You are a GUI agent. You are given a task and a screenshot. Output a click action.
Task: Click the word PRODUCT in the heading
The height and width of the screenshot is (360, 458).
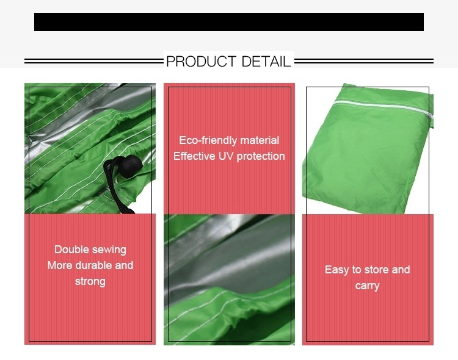click(x=201, y=62)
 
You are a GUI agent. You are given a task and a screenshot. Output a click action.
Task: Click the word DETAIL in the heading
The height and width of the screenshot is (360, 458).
click(x=266, y=62)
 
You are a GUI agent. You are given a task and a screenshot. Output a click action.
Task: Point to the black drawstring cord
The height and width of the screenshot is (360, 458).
click(x=117, y=187)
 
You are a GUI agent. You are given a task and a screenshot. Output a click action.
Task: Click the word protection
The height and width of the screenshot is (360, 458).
click(x=261, y=157)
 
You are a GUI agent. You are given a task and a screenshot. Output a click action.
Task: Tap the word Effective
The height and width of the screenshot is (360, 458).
click(x=194, y=156)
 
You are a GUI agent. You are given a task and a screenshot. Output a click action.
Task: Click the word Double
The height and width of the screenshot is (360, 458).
click(x=71, y=250)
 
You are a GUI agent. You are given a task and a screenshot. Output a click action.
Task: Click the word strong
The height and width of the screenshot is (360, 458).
click(x=90, y=282)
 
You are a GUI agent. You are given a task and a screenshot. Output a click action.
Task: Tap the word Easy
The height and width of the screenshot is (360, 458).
click(x=336, y=270)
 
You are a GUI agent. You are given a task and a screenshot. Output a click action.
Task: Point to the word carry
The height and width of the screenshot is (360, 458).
click(x=367, y=286)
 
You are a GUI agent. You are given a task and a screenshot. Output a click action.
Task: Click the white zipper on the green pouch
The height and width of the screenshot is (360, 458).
click(x=383, y=107)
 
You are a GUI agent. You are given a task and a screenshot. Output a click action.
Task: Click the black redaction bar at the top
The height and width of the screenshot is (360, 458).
click(x=229, y=22)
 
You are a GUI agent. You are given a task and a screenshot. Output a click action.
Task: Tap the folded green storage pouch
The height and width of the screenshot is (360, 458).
click(x=368, y=149)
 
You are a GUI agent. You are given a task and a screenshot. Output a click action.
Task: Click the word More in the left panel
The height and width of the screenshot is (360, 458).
click(x=60, y=265)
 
